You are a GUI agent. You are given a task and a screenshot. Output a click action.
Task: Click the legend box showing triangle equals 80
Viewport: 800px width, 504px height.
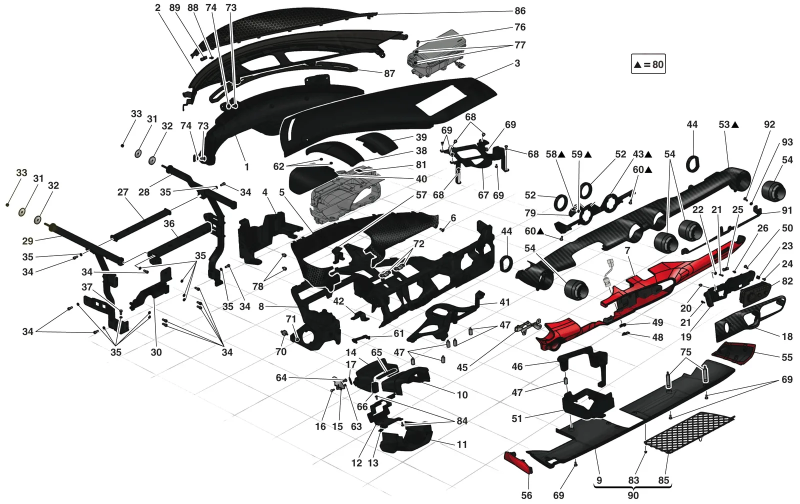pyautogui.click(x=648, y=64)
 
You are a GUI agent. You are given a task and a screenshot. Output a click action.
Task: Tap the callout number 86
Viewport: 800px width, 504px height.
pyautogui.click(x=520, y=11)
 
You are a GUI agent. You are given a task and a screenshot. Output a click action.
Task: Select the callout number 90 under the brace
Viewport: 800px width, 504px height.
pyautogui.click(x=633, y=495)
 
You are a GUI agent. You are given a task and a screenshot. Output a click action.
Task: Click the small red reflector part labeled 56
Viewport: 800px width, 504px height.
pyautogui.click(x=518, y=462)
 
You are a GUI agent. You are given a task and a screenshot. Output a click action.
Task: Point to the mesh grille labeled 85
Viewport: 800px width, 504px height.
pyautogui.click(x=689, y=432)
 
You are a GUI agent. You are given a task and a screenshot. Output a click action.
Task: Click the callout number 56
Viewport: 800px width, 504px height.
pyautogui.click(x=526, y=495)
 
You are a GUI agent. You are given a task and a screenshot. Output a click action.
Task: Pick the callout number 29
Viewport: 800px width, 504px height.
pyautogui.click(x=27, y=241)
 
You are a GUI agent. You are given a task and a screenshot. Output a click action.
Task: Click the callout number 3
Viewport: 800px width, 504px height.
pyautogui.click(x=517, y=63)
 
